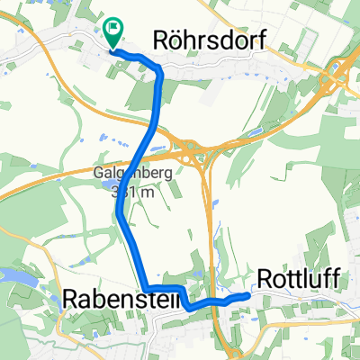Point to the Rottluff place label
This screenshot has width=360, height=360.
point(298,280)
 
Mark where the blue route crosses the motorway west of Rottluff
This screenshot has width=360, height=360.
point(217,304)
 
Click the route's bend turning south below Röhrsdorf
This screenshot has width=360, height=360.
point(160,72)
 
